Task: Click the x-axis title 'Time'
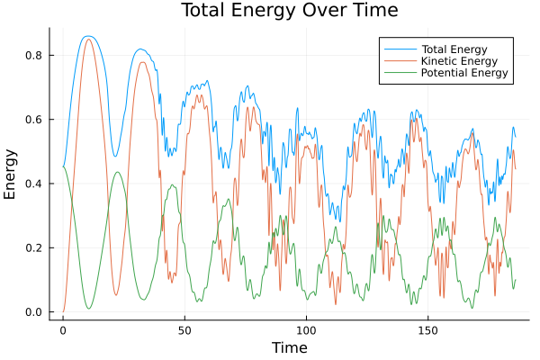point(289,347)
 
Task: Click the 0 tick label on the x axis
point(63,329)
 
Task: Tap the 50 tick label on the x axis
point(184,329)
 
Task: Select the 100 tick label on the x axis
point(306,329)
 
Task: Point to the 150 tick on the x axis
point(427,329)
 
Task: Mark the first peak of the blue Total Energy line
point(87,36)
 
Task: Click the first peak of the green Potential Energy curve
point(117,172)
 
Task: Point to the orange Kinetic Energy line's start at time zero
point(63,311)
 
